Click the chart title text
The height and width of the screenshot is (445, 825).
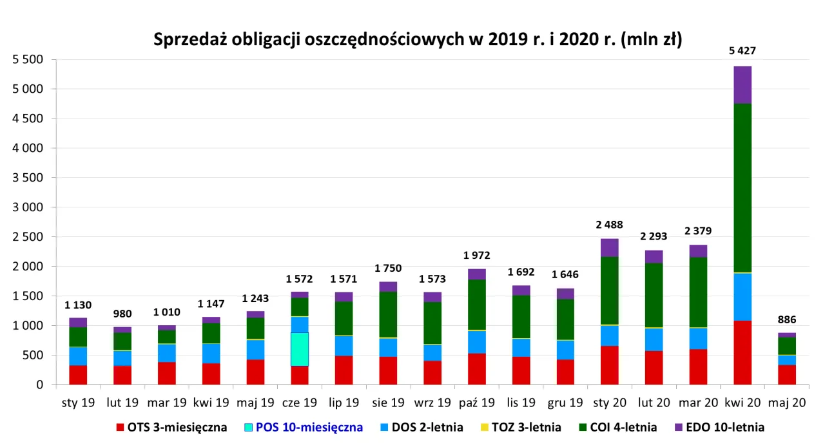coord(418,40)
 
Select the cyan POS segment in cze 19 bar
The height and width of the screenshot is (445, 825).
coord(299,349)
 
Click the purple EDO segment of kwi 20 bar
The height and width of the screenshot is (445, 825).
coord(742,85)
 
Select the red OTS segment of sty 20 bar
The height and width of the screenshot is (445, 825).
coord(609,365)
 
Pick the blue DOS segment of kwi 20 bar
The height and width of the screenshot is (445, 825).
coord(742,297)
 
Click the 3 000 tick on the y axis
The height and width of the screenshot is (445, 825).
coord(28,207)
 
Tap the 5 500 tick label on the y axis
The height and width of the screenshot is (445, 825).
coord(28,59)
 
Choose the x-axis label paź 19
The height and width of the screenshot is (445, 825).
coord(476,403)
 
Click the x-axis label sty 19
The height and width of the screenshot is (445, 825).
coord(78,403)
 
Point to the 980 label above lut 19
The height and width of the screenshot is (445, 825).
coord(122,314)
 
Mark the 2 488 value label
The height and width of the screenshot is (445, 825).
coord(609,225)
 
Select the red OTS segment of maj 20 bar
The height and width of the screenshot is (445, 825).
coord(786,375)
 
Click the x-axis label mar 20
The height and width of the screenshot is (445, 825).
coord(698,403)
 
